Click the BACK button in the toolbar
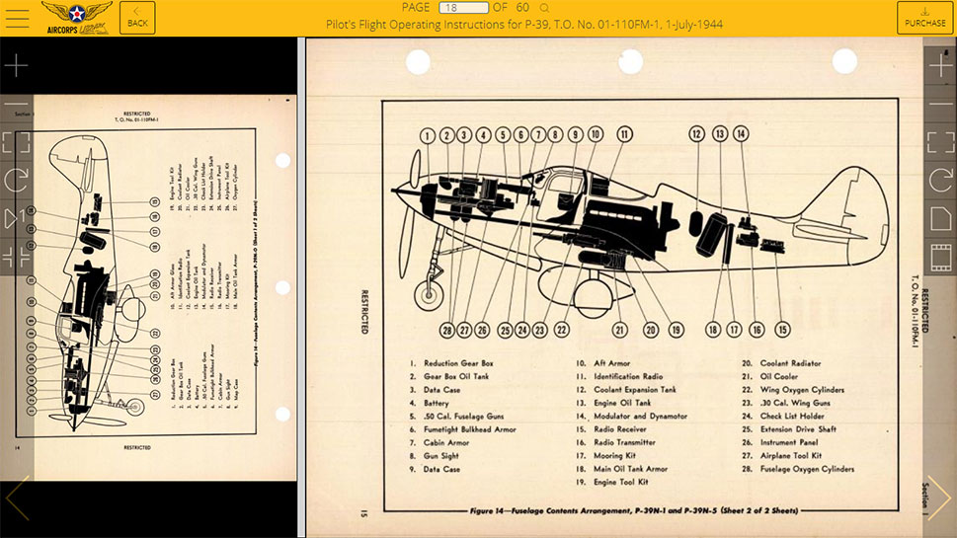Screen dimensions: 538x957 tap(137, 18)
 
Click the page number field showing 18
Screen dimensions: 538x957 tap(463, 8)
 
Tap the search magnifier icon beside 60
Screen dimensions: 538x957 tap(544, 8)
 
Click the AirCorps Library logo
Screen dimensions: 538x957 tap(76, 18)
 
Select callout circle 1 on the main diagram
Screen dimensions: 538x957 tap(428, 135)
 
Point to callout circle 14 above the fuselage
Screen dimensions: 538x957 tap(741, 133)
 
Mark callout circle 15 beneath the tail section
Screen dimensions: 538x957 tap(783, 330)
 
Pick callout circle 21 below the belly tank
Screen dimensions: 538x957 tap(620, 330)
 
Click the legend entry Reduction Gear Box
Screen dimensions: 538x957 tap(458, 363)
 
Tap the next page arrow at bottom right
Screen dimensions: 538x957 tap(937, 499)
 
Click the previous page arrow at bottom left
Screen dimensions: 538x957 tap(18, 499)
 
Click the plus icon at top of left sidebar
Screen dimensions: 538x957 tap(16, 66)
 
